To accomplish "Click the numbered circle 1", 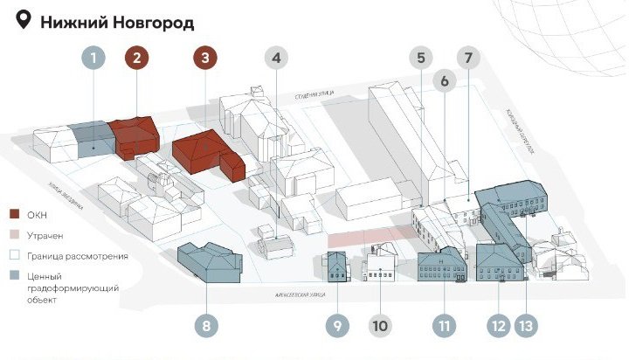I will [94, 59].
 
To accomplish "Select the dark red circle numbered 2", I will [137, 59].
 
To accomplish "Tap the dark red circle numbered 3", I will [204, 59].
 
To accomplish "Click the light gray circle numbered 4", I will [276, 59].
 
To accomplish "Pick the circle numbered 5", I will [421, 59].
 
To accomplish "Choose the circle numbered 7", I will [468, 59].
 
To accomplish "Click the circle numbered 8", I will [206, 326].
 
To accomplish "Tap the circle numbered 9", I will [337, 326].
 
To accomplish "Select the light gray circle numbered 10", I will [380, 326].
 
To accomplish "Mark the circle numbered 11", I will [445, 326].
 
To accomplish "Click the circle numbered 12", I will [499, 326].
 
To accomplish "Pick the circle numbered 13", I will [524, 326].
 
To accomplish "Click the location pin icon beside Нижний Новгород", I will [24, 21].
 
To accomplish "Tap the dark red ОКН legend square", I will [13, 214].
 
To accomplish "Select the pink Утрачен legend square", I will [13, 235].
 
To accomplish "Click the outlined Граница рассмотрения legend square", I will [13, 256].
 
